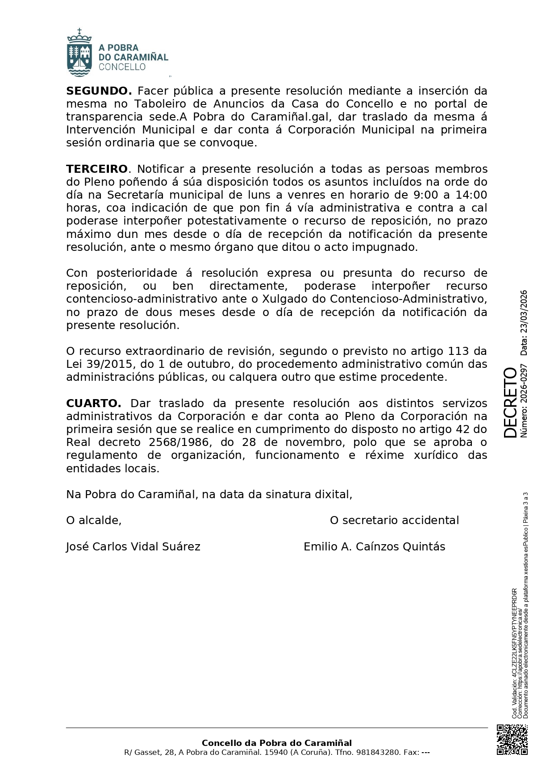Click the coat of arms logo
click(x=79, y=53)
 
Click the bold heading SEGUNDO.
click(x=99, y=91)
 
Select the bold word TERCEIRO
click(x=97, y=169)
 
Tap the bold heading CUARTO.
click(x=93, y=404)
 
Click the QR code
click(x=512, y=740)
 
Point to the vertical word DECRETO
click(x=510, y=402)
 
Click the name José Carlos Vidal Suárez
click(x=133, y=547)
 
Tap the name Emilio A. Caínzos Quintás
click(x=374, y=547)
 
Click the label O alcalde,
click(x=94, y=521)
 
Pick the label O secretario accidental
click(x=394, y=521)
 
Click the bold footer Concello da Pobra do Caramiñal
click(x=277, y=743)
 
